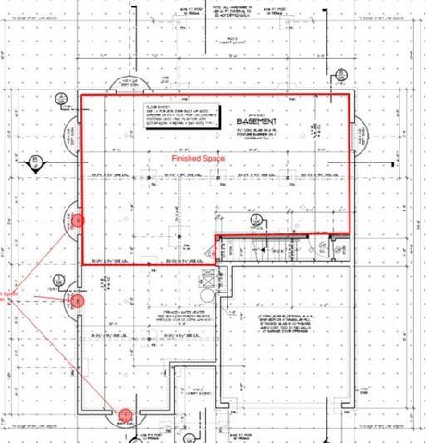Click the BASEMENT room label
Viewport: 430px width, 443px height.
(252, 122)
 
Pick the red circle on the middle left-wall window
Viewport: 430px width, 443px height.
(78, 300)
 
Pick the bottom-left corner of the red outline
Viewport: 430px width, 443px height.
(82, 265)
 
